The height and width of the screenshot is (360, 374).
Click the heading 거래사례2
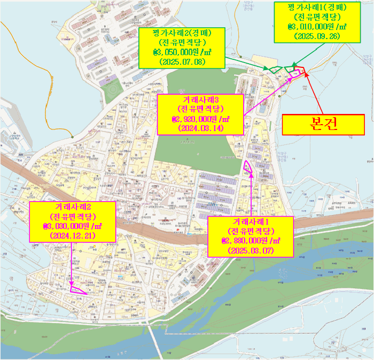click(x=72, y=206)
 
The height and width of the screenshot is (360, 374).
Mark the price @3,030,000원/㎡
click(x=72, y=226)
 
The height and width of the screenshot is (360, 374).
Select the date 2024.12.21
click(x=72, y=235)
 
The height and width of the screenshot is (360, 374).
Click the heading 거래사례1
click(x=250, y=221)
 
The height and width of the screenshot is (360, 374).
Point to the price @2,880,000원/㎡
click(x=250, y=241)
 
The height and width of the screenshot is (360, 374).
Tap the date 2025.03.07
click(x=250, y=250)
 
